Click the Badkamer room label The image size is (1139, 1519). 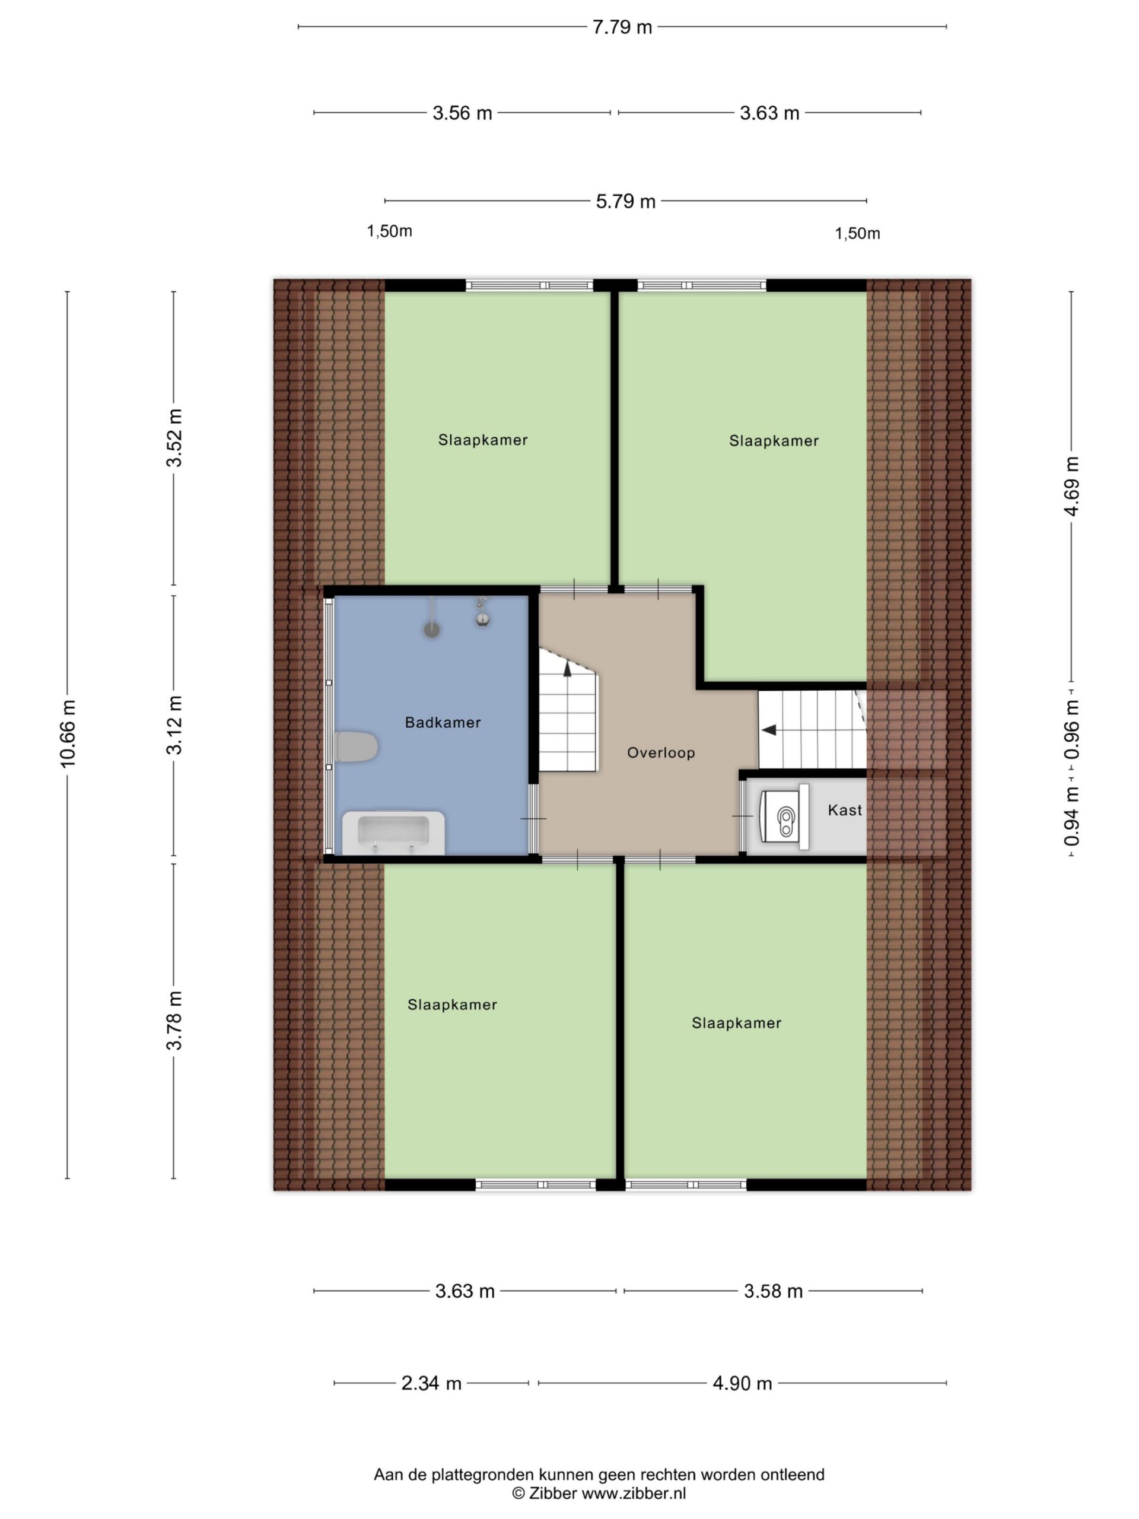click(x=443, y=723)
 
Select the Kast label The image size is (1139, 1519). click(x=845, y=811)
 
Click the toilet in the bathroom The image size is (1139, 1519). click(x=357, y=747)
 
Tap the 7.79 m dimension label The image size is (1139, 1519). click(x=622, y=27)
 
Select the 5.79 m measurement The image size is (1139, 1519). click(x=625, y=202)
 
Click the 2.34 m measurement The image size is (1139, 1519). click(x=431, y=1383)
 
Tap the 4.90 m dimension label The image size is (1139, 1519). click(x=742, y=1383)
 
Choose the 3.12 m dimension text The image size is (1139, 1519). click(x=174, y=725)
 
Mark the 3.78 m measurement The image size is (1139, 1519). click(x=174, y=1021)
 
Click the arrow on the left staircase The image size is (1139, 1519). click(x=567, y=669)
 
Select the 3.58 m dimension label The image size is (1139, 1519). click(x=773, y=1292)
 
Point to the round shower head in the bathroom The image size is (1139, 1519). click(x=431, y=629)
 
